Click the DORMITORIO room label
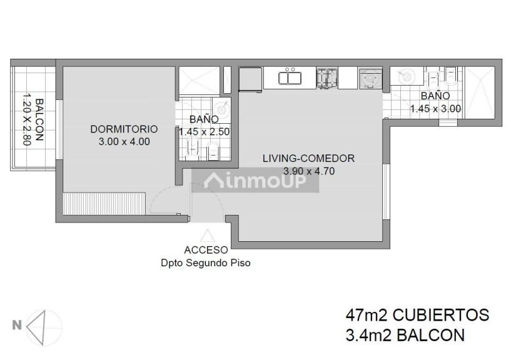[124, 129]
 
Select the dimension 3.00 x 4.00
[124, 142]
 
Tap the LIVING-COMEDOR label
[308, 158]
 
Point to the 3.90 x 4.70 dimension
[308, 170]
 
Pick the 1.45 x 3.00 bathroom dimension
[435, 108]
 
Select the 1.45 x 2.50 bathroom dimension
[205, 132]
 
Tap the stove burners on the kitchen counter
[325, 77]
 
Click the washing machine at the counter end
[368, 78]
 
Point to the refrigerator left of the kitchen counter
[250, 79]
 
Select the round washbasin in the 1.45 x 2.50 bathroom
[225, 107]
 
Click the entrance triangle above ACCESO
[206, 236]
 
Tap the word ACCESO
[206, 250]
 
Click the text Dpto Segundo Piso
[206, 263]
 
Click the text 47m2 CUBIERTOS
[417, 314]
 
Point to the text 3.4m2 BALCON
[405, 335]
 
